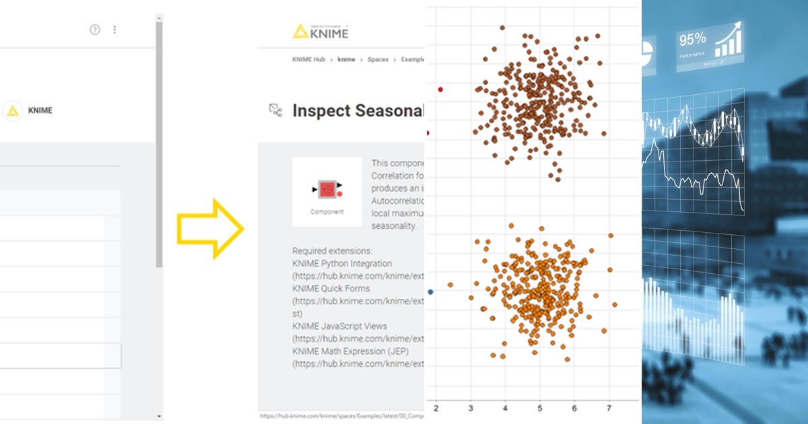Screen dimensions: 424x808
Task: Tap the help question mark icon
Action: pos(95,30)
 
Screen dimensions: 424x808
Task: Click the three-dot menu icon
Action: pos(114,30)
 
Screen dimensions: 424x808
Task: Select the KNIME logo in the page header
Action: pos(321,31)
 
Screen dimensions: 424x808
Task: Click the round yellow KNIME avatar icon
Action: pos(12,111)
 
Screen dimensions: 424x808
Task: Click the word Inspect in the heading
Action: pos(319,111)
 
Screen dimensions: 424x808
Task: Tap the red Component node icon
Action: pos(327,190)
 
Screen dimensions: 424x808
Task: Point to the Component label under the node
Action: pos(327,211)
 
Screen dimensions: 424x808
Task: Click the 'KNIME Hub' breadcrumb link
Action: pos(308,59)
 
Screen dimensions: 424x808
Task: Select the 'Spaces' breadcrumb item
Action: pos(378,59)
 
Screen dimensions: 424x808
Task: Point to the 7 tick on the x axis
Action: pos(609,409)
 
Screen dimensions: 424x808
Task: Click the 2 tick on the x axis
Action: pos(436,409)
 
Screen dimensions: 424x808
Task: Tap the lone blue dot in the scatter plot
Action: pos(431,291)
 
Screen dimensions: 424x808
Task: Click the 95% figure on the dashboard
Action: pos(692,38)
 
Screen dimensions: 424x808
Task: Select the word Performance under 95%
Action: pos(692,54)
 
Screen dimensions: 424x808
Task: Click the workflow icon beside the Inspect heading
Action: pos(275,111)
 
